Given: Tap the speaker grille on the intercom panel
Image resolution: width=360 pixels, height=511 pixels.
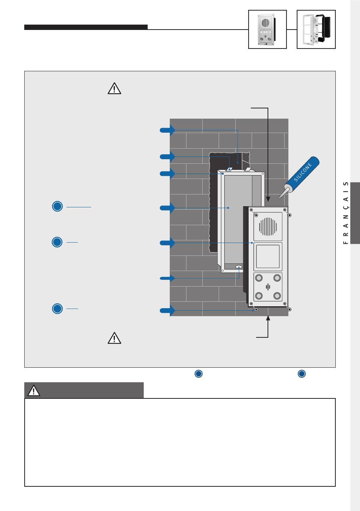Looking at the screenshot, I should coord(268,226).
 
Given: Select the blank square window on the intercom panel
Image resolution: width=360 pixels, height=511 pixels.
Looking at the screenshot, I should coord(268,256).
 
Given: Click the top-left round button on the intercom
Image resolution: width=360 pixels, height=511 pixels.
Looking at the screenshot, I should coord(259,278).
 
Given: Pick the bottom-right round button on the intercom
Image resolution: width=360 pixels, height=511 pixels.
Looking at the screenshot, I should coord(277,296).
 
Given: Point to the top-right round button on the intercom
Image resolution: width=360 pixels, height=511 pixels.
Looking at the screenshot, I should coord(277,278).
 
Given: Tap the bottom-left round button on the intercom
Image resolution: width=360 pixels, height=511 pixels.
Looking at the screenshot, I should coord(259,296).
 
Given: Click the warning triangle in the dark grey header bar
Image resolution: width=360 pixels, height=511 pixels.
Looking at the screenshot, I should coord(34,390).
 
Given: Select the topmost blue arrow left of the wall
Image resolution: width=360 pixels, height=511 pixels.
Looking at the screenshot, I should coord(167,130).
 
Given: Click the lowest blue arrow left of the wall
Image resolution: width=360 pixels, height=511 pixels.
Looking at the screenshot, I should coord(167,311).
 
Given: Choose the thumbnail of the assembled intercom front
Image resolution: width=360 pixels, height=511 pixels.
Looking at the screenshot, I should coord(267,29).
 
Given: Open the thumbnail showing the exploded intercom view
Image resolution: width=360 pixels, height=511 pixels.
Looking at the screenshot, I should coord(316,29).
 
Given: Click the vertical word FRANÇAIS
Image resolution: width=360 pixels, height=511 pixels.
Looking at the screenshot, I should coord(346,213).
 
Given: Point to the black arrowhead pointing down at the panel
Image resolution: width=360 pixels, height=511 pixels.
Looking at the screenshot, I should coord(268,199).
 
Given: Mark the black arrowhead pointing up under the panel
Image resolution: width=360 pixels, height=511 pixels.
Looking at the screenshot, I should coord(268,318).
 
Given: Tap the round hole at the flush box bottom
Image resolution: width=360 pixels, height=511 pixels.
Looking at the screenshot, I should coord(239,267).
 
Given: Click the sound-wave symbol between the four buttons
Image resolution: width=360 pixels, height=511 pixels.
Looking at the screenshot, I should coord(268,287).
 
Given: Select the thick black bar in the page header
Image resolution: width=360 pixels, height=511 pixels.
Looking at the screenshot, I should coord(86,27).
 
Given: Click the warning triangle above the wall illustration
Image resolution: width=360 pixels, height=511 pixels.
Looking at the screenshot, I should coord(114,88).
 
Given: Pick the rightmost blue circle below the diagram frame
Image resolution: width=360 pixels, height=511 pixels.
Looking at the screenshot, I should coord(302,374).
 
